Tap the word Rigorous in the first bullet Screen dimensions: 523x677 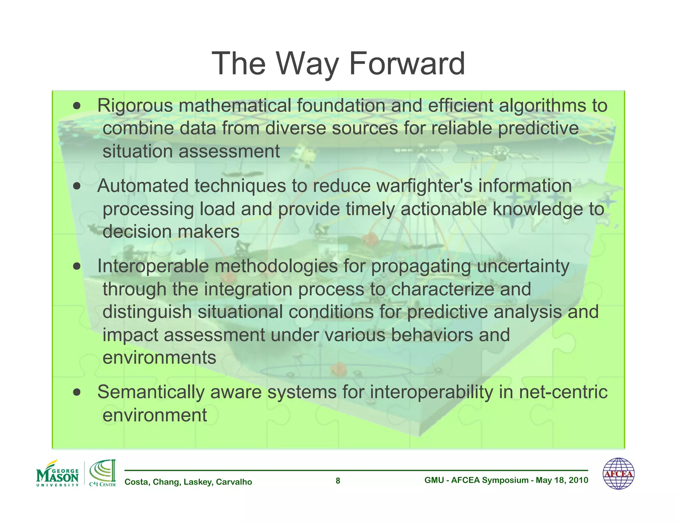[135, 106]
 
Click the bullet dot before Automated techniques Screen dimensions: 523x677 [77, 186]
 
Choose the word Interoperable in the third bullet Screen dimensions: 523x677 [153, 266]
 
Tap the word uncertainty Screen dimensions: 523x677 [523, 266]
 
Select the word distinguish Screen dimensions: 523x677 [147, 312]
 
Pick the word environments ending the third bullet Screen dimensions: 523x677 [159, 358]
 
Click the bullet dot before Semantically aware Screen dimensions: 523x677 [77, 392]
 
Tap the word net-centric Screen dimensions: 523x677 [563, 392]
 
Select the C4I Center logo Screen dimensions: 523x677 [102, 473]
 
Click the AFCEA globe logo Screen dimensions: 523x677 [618, 473]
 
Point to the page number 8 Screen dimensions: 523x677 [338, 481]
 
